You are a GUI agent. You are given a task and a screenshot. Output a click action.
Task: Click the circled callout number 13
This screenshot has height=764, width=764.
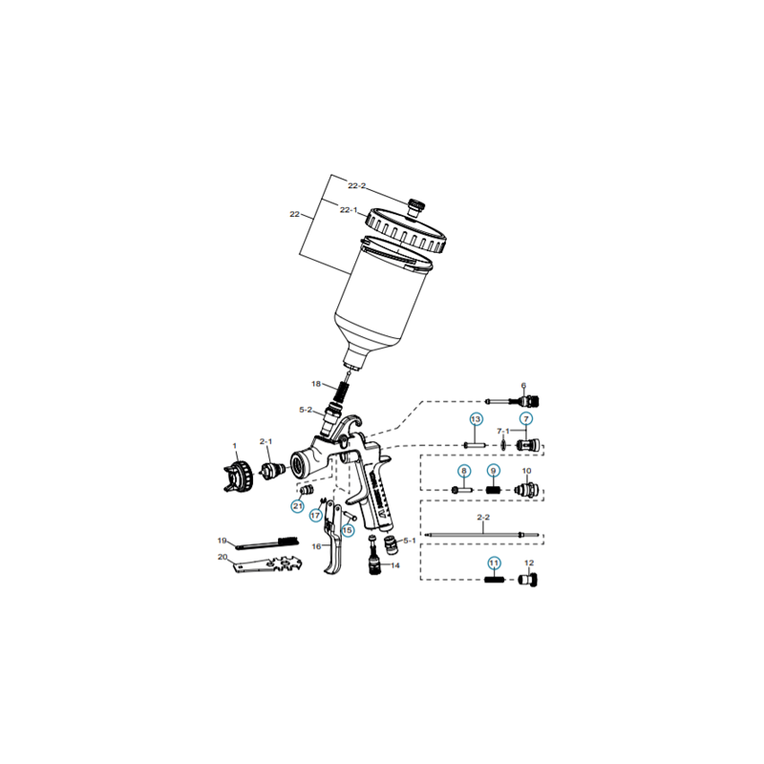click(x=475, y=419)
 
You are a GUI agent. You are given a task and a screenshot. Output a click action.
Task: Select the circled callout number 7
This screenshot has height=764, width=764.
click(x=525, y=419)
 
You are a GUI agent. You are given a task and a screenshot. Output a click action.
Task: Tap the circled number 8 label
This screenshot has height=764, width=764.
click(x=463, y=471)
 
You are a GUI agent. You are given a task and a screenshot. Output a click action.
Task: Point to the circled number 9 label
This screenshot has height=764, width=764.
click(x=494, y=471)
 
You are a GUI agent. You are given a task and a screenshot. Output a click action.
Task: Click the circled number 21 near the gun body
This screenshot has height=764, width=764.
click(x=297, y=505)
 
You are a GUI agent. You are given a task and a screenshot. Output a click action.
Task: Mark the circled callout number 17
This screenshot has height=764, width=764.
click(x=315, y=515)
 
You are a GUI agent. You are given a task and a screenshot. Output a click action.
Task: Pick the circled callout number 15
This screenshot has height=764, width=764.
click(x=348, y=529)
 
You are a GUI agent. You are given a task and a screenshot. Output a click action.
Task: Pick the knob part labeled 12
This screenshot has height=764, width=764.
click(x=527, y=579)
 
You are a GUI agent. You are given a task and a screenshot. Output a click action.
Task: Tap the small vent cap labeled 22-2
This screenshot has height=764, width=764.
click(x=416, y=204)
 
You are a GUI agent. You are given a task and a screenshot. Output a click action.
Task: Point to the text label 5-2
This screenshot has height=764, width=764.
click(x=306, y=410)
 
